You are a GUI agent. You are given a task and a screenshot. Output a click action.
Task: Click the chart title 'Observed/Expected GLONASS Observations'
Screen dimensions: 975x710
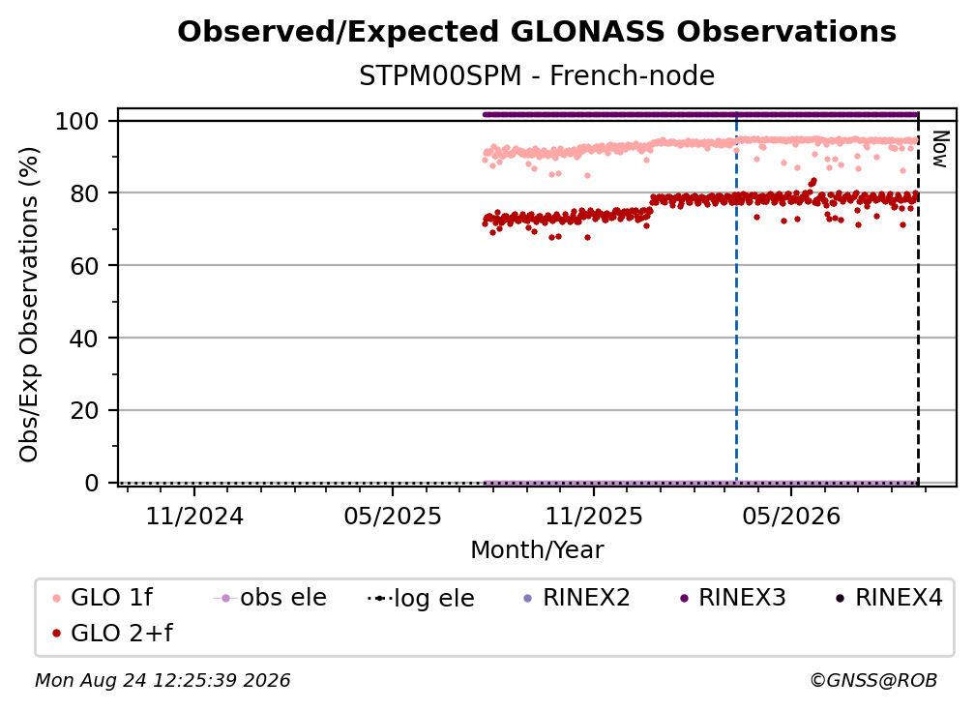tap(537, 32)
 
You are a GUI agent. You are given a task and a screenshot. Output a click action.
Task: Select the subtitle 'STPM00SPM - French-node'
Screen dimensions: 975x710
tap(537, 75)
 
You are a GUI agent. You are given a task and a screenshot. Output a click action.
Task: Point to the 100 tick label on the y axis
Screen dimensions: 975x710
tap(77, 121)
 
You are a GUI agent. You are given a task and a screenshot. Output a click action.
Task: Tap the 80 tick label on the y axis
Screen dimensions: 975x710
tap(84, 193)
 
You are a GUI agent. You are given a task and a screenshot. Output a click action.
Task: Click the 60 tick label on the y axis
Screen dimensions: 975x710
tap(84, 266)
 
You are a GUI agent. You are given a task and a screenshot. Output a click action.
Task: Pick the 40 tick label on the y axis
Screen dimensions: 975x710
tap(84, 339)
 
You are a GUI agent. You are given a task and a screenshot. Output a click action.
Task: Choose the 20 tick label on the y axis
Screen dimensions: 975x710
tap(84, 411)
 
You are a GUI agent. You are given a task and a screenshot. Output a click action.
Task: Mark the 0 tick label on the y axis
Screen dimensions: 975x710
tap(92, 483)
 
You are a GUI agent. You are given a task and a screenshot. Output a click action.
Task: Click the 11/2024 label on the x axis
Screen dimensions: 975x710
tap(194, 516)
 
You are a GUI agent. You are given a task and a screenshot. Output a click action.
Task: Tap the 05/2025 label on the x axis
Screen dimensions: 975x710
tap(393, 516)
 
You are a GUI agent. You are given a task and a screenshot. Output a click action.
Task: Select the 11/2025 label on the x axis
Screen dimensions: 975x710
tap(594, 516)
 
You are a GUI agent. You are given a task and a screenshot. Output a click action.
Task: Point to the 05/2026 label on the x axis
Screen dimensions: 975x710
tap(791, 516)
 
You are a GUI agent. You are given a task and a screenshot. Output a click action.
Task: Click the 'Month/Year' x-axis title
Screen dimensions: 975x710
tap(537, 550)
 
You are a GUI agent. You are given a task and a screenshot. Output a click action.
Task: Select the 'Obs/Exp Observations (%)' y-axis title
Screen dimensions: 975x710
tap(29, 304)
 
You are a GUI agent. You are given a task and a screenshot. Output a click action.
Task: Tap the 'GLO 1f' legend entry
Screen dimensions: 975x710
tap(103, 598)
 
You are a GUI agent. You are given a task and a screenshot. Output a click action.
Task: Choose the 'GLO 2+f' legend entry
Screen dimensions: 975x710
tap(112, 633)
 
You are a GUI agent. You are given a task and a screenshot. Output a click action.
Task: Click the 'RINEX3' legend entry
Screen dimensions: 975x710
tap(733, 598)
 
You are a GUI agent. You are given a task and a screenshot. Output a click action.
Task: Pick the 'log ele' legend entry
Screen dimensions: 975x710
tap(421, 598)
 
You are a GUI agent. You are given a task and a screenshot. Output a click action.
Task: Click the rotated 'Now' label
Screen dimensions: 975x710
tap(939, 149)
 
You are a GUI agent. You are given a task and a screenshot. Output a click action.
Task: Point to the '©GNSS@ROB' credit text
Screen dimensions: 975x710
tap(873, 680)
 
